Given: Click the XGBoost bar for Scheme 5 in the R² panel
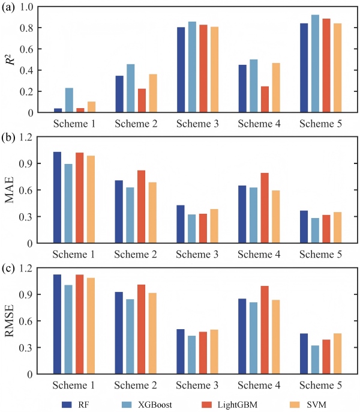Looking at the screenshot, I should click(315, 64).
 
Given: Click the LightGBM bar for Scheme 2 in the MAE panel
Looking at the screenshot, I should click(142, 207).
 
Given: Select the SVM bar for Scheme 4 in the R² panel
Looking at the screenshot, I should click(275, 88).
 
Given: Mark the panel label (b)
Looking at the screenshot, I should click(8, 138).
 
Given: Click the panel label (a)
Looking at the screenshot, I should click(8, 8).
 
